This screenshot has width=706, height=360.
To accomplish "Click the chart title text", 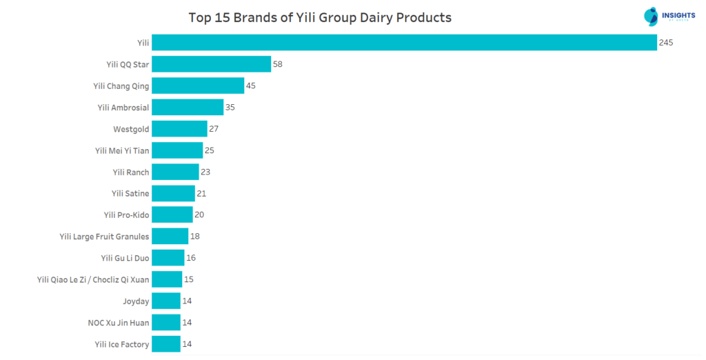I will pos(320,17).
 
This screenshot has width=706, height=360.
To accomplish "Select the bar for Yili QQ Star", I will pos(211,64).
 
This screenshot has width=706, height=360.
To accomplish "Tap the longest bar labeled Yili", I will pos(404,43).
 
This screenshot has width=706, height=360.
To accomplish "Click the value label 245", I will pos(665,43).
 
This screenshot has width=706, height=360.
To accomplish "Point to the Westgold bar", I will pos(179,129).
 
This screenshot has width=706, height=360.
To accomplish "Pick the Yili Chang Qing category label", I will pos(121,86).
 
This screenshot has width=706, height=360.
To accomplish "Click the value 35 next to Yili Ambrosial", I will pos(231,108).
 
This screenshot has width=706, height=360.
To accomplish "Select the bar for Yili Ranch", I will pos(175,172).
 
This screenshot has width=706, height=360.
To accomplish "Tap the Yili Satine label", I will pos(130,194).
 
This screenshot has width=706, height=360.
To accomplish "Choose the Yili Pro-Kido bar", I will pos(172,214).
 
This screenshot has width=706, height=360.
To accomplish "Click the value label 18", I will pos(196,237).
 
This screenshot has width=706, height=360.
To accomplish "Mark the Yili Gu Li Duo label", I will pos(125,258).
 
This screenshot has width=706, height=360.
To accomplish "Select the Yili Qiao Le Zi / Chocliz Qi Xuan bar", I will pos(167,279).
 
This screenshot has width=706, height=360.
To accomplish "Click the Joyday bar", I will pos(166,301).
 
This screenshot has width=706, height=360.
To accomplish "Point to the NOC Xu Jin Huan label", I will pos(119,323).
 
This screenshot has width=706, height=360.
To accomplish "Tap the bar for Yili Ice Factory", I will pos(166,344).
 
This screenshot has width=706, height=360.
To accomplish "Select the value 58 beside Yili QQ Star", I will pos(278,64).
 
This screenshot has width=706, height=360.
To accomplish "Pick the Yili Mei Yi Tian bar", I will pos(177,150).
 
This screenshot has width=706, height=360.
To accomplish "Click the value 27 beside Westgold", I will pos(214,129).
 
